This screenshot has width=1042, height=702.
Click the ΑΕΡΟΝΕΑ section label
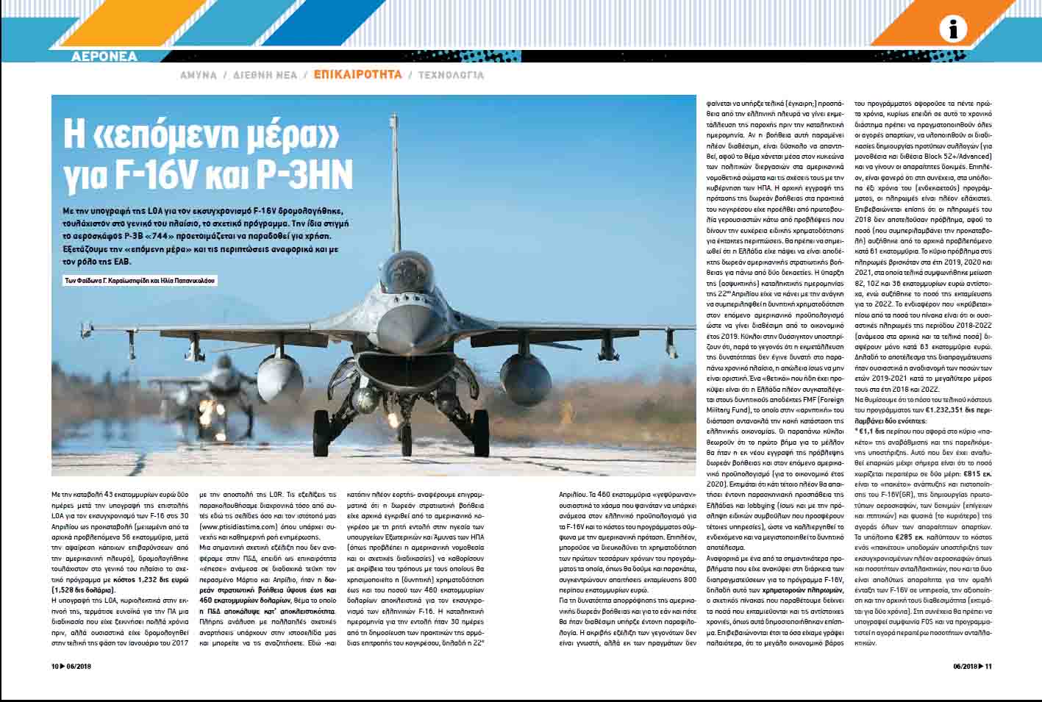click(x=104, y=57)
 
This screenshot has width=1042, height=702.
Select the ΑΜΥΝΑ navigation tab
click(x=199, y=75)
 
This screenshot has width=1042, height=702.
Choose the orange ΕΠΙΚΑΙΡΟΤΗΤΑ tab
click(x=358, y=75)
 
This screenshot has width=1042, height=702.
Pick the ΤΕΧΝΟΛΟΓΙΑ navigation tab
click(x=451, y=75)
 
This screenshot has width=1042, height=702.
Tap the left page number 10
click(x=54, y=667)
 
